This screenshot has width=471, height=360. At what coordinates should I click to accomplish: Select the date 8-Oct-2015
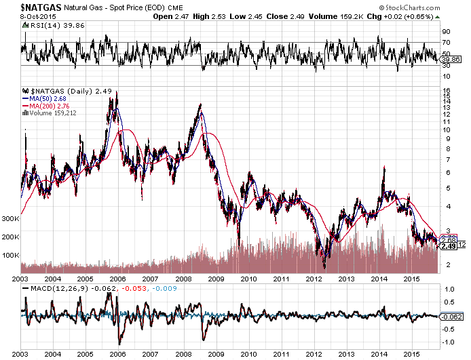pos(18,16)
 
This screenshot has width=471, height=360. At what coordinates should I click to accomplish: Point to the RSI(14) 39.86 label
pos(47,26)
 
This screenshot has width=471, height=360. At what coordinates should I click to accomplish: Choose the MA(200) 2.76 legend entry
pos(50,106)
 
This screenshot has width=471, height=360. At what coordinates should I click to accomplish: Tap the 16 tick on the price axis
pos(446,90)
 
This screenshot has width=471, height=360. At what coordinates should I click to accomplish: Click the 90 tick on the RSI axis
pos(446,31)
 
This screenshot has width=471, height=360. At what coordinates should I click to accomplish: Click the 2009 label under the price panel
pos(216,279)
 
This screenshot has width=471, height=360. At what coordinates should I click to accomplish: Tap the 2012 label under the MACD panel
pos(314,354)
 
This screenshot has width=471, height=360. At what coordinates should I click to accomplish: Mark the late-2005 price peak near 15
pos(116,93)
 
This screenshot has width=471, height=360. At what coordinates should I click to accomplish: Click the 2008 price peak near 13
pos(200,105)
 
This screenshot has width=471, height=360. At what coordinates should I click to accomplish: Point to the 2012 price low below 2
pos(325,266)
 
